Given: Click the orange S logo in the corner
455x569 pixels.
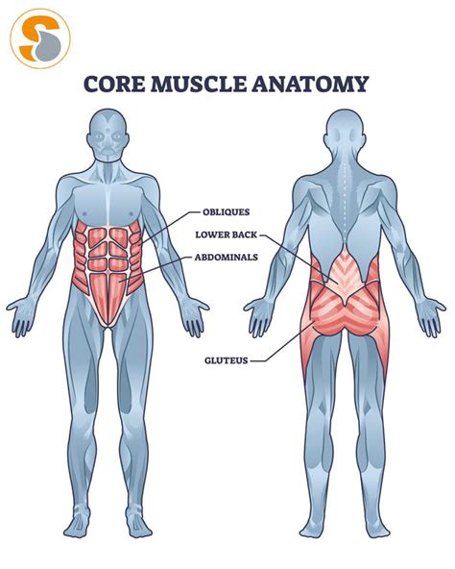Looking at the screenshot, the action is click(40, 39).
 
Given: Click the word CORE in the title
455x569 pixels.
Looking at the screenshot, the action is click(114, 85).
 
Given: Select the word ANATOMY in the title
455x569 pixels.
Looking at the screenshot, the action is click(310, 85).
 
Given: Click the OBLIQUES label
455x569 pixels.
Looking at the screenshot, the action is click(227, 211).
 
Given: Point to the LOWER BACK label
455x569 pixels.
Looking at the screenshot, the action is click(227, 235).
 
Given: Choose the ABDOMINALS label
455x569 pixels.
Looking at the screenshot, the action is click(227, 258).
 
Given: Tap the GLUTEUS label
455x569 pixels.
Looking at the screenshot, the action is click(227, 360).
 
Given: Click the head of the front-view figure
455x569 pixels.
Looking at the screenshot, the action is click(108, 134).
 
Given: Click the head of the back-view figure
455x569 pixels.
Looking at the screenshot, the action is click(345, 134).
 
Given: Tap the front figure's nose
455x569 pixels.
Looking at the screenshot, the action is click(108, 140).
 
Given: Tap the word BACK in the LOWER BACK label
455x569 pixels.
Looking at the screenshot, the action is click(244, 235).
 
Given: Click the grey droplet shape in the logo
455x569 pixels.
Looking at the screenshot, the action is click(48, 46).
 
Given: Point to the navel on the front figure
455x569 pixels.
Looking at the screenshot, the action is click(108, 271).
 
